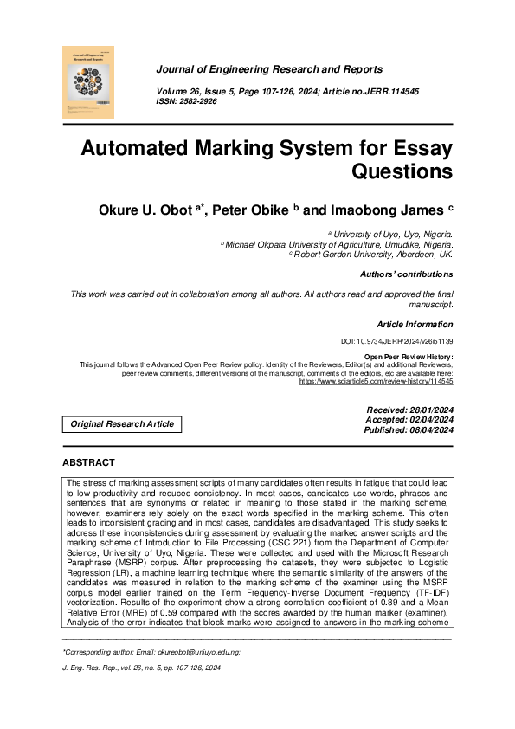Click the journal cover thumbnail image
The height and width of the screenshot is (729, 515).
point(89,82)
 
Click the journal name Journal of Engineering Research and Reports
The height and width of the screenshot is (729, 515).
point(269,69)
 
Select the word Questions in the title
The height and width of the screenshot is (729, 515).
point(402,171)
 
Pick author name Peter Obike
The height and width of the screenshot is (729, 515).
point(264,210)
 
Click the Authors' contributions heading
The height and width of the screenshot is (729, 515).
point(406,274)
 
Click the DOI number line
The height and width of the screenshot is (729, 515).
point(399,342)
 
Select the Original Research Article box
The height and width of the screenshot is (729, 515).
point(122,424)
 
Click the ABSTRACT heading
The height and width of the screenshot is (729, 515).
point(88,463)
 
